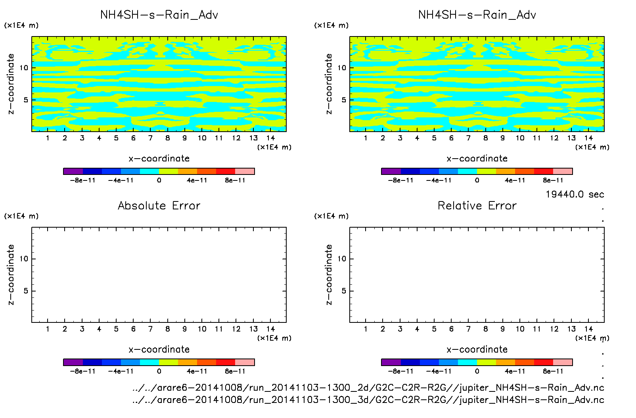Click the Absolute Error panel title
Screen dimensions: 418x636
click(x=159, y=205)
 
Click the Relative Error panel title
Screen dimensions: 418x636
click(x=477, y=205)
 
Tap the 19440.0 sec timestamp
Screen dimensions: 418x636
click(x=575, y=194)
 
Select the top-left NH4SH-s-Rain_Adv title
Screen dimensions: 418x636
click(x=159, y=15)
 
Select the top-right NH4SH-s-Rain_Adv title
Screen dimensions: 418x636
click(x=477, y=15)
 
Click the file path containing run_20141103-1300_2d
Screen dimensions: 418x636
click(x=368, y=387)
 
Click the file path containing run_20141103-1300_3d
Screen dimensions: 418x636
click(x=368, y=400)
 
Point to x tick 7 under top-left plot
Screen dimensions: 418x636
click(x=150, y=138)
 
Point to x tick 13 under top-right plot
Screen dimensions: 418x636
click(x=571, y=138)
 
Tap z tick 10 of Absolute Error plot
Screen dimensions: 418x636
click(x=24, y=259)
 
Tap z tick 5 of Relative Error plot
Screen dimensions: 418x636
click(x=343, y=291)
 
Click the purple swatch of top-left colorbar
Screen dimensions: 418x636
click(x=73, y=171)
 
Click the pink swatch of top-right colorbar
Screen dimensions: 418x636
click(x=563, y=171)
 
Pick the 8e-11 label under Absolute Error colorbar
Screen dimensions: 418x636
click(x=235, y=371)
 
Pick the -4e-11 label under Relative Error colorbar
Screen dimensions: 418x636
click(x=439, y=371)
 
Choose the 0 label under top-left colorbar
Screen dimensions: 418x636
click(x=159, y=180)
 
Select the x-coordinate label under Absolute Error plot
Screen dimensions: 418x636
click(x=159, y=349)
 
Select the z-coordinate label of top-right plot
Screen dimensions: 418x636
click(x=329, y=84)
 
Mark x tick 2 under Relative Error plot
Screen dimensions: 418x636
click(x=383, y=329)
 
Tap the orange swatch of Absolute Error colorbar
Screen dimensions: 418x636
click(x=188, y=362)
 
